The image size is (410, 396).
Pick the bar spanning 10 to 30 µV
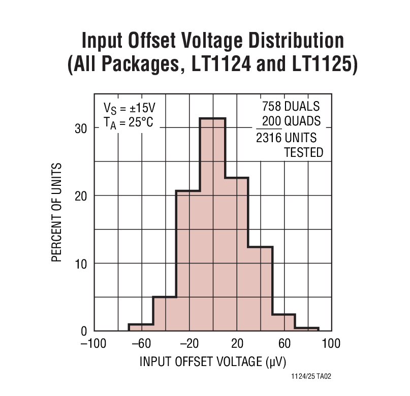pos(236,254)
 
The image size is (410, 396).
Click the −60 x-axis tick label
pos(141,344)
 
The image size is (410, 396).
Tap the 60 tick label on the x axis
pos(285,344)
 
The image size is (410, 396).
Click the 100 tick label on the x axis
pos(331,344)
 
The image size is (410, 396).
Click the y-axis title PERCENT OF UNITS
pos(57,212)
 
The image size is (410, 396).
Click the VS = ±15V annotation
pos(129,108)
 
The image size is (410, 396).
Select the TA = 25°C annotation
pos(128,122)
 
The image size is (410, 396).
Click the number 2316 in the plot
pos(269,138)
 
